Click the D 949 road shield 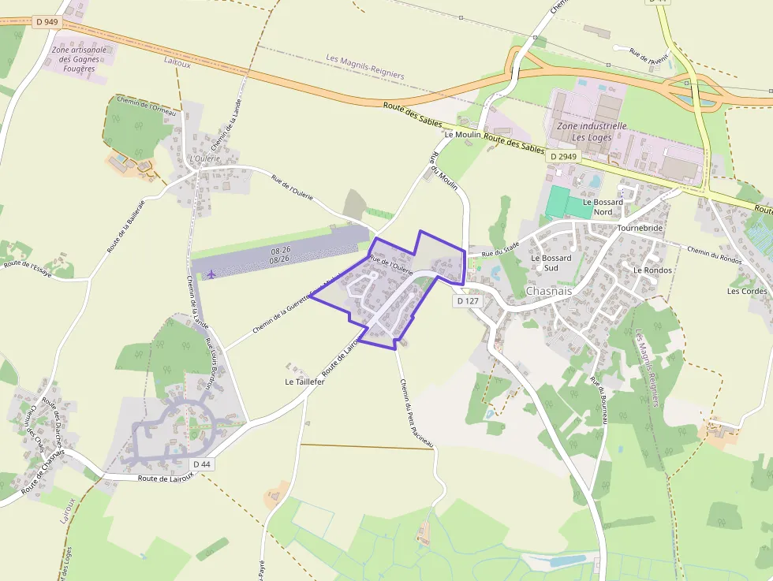coord(47,22)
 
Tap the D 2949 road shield coord(564,157)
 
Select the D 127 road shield coord(468,301)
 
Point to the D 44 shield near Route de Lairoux coord(201,464)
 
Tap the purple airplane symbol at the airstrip coord(212,274)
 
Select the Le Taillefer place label coord(304,382)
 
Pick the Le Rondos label coord(652,270)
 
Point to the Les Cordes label coord(747,291)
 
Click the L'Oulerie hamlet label coord(205,158)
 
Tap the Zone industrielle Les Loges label coord(592,131)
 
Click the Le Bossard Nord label coord(603,207)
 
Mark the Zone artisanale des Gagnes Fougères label coord(78,59)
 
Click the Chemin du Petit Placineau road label coord(417,415)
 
